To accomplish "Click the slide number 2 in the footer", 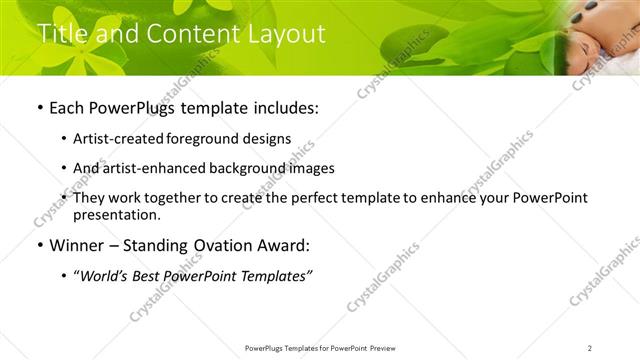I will [x=590, y=347].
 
